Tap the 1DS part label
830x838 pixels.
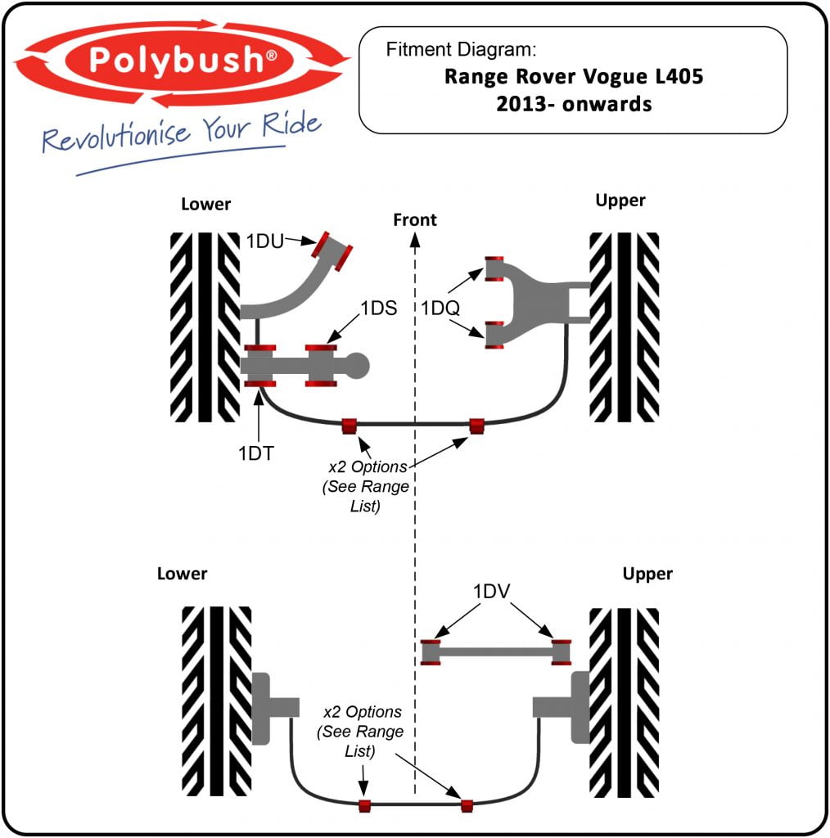[x=378, y=309]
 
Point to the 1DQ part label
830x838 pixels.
[x=441, y=309]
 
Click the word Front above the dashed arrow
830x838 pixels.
[x=415, y=219]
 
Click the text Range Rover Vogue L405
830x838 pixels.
[x=573, y=77]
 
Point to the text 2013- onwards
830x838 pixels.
[x=573, y=105]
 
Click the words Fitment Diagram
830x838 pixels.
[x=461, y=49]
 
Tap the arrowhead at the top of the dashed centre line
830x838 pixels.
[x=415, y=240]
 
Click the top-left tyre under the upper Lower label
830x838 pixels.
[x=205, y=327]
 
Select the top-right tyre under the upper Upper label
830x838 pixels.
[x=625, y=327]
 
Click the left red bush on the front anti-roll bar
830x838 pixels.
[x=350, y=426]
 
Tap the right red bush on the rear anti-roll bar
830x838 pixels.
[x=467, y=805]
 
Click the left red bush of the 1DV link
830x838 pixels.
[x=431, y=652]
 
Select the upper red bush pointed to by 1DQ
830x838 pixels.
[x=494, y=268]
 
